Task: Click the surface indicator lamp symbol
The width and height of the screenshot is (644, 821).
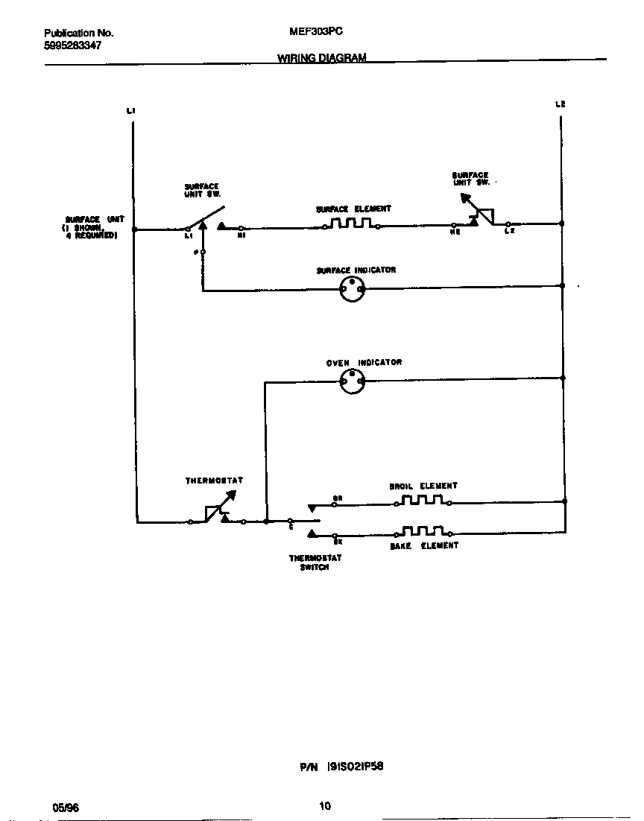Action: pyautogui.click(x=352, y=291)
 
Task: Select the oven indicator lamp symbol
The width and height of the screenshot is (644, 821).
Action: pyautogui.click(x=352, y=382)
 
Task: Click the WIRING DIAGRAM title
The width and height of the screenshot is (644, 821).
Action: pyautogui.click(x=322, y=58)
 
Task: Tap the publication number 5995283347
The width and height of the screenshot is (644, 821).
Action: pyautogui.click(x=73, y=45)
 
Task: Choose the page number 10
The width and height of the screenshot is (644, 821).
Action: pyautogui.click(x=324, y=805)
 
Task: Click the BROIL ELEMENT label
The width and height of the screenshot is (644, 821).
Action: pyautogui.click(x=423, y=486)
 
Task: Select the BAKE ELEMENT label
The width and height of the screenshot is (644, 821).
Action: pyautogui.click(x=424, y=546)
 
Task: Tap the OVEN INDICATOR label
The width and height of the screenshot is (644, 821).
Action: pyautogui.click(x=364, y=363)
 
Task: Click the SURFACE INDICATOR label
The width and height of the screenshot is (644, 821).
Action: pyautogui.click(x=356, y=270)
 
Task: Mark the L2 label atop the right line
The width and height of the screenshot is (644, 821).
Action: pyautogui.click(x=561, y=104)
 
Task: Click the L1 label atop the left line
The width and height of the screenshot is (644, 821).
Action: pyautogui.click(x=131, y=111)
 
